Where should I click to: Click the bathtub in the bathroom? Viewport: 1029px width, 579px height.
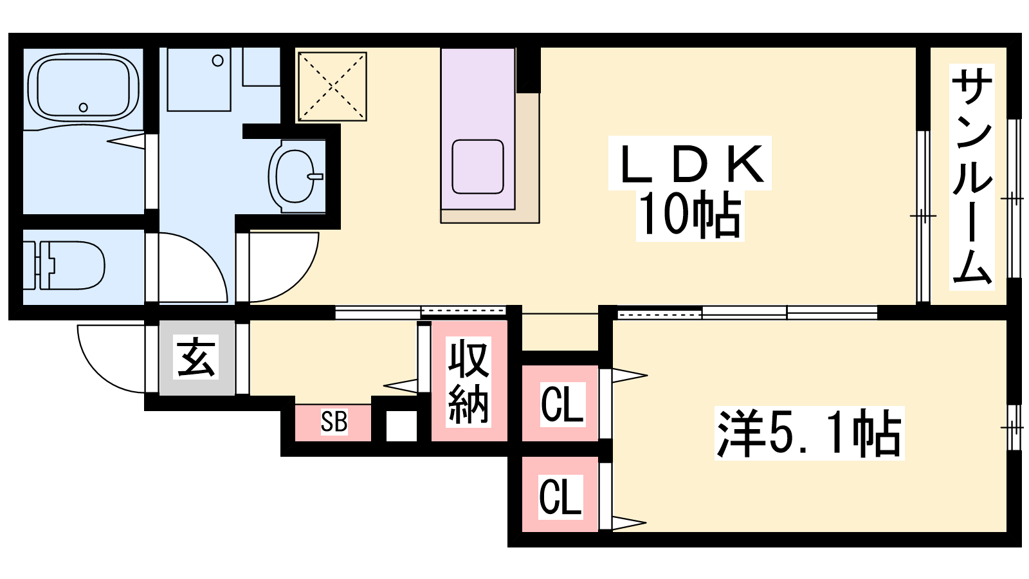(83, 88)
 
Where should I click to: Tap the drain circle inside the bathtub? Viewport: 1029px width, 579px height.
(83, 107)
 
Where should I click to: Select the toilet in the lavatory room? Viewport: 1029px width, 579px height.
(64, 266)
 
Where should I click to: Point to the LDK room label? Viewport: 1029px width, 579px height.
(689, 163)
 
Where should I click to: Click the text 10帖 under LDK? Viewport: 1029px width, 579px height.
(690, 216)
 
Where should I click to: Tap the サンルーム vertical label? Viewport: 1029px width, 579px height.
(972, 177)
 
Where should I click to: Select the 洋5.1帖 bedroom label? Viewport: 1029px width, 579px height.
(810, 433)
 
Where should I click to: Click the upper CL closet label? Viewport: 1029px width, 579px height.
(562, 404)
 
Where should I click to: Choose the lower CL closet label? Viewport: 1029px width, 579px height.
(560, 496)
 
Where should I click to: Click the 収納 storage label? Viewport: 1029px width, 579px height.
(468, 381)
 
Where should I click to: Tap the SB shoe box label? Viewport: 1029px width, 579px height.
(334, 421)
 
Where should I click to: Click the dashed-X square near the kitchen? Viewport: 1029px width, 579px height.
(332, 86)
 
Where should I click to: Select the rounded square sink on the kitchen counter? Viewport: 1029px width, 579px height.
(478, 167)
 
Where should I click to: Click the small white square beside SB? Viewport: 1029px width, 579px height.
(401, 426)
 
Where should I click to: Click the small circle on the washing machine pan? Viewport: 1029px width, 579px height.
(218, 60)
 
